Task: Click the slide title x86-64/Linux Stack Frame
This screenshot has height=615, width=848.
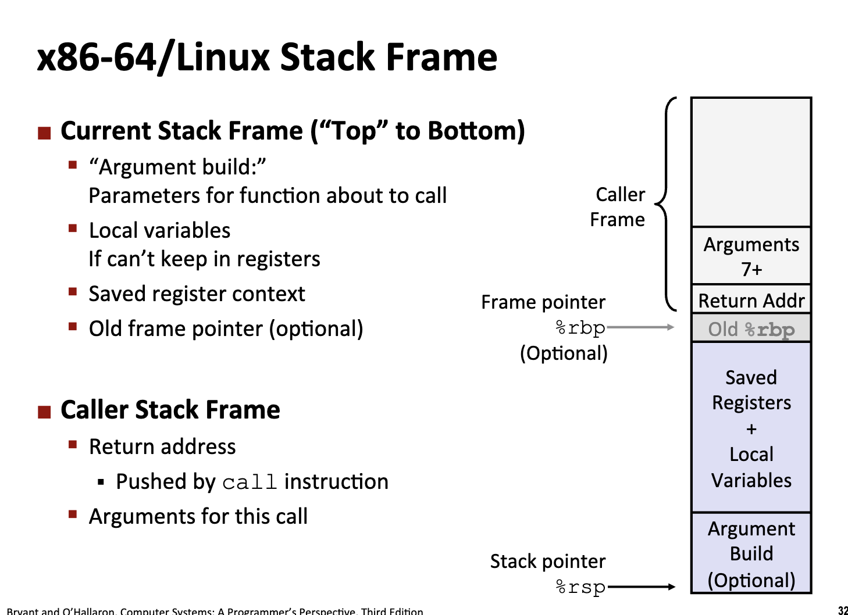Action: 267,58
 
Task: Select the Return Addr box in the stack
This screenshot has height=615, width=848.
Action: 751,301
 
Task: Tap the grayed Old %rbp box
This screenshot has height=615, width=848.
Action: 751,329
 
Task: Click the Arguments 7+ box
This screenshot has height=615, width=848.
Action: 751,256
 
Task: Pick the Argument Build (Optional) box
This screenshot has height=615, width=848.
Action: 751,553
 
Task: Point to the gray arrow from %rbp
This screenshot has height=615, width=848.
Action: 640,327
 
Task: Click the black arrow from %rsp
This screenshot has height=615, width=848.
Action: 640,587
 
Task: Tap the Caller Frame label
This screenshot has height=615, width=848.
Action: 618,207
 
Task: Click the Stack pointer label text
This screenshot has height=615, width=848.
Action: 547,562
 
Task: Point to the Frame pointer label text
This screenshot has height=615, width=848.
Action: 543,302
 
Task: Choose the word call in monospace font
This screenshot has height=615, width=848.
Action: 250,482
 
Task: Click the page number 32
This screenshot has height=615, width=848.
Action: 843,610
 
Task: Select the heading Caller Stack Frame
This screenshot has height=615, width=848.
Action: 170,410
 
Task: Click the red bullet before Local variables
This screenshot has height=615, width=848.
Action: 73,228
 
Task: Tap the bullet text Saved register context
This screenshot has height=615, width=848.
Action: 197,294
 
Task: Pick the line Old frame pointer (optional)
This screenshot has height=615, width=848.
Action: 226,329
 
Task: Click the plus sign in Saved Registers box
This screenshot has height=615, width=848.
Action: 751,429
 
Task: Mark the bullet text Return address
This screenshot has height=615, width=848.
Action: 162,447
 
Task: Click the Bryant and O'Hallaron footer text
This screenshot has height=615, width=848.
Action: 215,611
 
